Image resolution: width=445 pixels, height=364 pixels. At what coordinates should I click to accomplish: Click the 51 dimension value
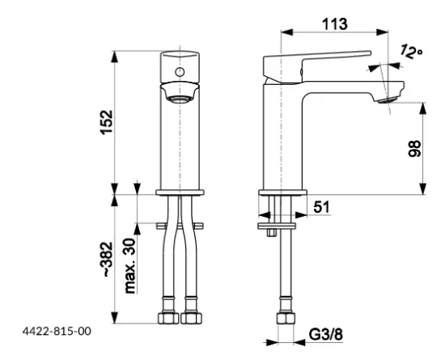(321, 208)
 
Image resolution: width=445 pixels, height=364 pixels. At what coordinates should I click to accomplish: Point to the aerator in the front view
(180, 95)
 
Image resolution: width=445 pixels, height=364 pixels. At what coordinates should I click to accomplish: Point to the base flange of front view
(180, 192)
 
